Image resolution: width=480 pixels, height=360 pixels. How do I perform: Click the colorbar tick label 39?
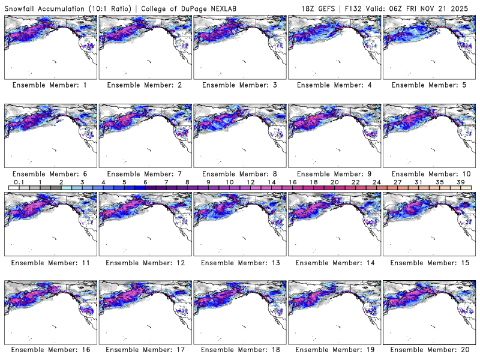click(x=460, y=182)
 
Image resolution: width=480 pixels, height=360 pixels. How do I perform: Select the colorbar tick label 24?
click(x=376, y=182)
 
